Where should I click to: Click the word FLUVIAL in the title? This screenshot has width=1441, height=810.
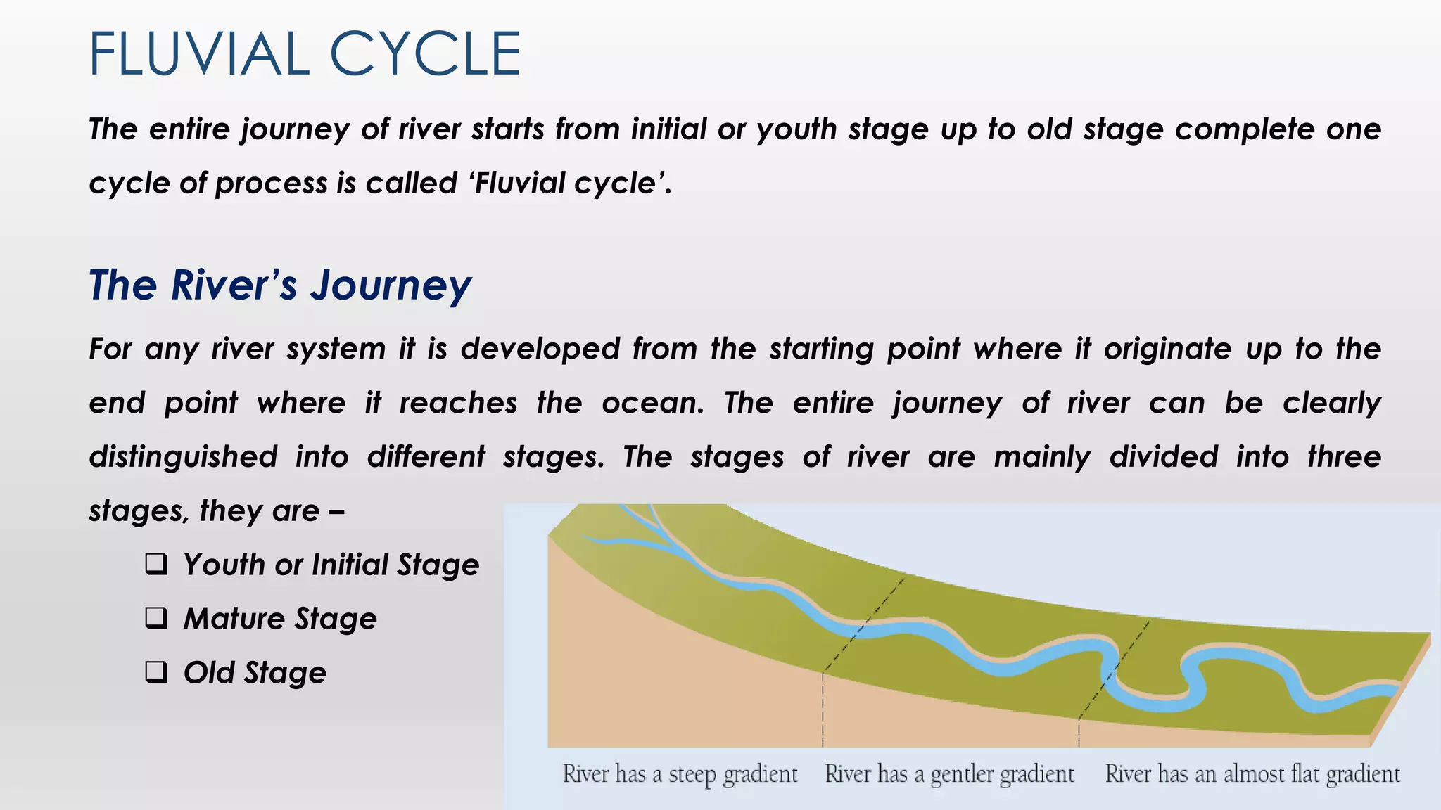pos(199,54)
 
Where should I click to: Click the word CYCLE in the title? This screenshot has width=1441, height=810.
pos(425,54)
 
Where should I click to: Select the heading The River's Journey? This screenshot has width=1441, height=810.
pos(280,285)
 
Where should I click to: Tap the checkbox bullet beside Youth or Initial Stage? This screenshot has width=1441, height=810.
pos(156,564)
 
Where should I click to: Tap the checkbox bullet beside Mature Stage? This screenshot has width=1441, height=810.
pos(156,618)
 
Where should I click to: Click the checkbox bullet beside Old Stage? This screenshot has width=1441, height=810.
pos(156,672)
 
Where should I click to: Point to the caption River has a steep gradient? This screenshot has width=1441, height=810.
pos(680,774)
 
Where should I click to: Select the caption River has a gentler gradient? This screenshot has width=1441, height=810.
pos(949,774)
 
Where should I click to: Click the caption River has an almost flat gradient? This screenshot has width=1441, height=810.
pos(1252,774)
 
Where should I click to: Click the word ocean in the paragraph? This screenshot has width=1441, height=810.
pos(652,403)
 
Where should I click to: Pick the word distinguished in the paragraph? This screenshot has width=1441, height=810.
pos(183,457)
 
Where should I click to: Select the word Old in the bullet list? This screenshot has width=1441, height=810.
pos(208,673)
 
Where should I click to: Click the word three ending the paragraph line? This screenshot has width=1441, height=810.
pos(1344,457)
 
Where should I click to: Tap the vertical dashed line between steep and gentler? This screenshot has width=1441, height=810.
pos(823,710)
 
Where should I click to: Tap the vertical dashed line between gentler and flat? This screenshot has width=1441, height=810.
pos(1079,733)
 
